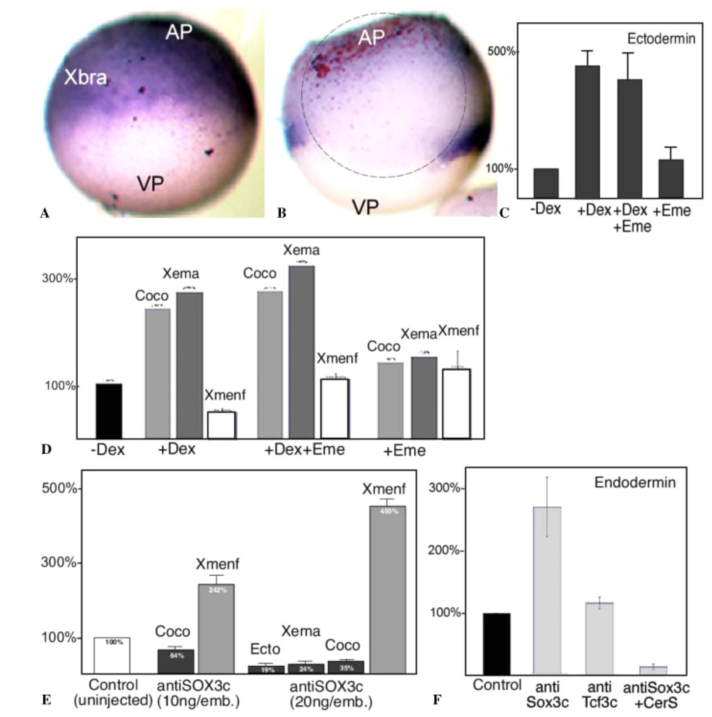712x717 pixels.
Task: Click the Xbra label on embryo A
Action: (x=85, y=78)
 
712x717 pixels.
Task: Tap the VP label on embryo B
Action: (x=365, y=207)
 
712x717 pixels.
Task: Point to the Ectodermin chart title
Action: (x=661, y=39)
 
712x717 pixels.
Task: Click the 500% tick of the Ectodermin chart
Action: (x=502, y=52)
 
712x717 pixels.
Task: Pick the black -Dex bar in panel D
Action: (x=109, y=411)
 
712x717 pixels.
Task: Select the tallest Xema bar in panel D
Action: (x=301, y=352)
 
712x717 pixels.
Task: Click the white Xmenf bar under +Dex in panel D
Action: (x=222, y=425)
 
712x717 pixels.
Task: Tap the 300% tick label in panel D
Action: (x=58, y=278)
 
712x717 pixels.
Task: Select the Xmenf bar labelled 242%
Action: (x=216, y=628)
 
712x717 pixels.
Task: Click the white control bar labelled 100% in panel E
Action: (x=112, y=655)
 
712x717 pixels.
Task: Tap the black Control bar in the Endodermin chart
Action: (x=497, y=643)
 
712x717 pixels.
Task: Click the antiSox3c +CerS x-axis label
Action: (x=656, y=695)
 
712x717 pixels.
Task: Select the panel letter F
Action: (x=437, y=700)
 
